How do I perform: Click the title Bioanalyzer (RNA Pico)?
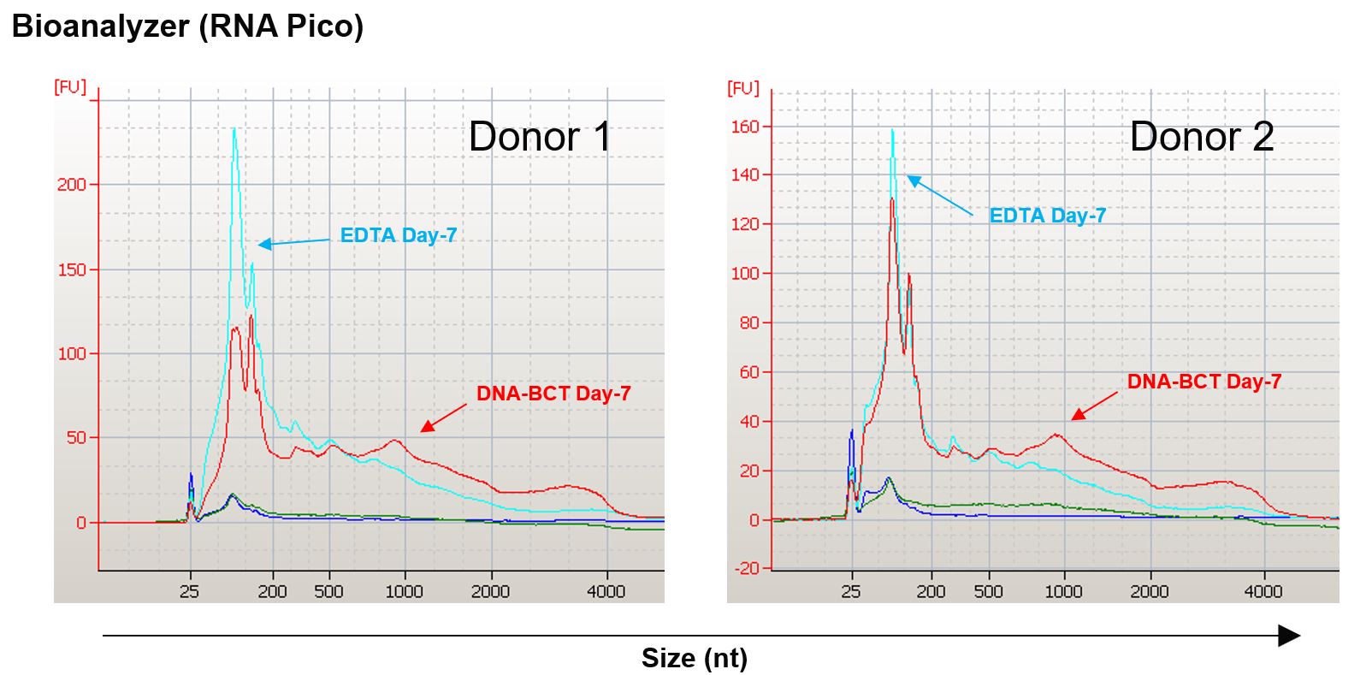[x=187, y=27]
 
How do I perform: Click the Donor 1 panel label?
[x=540, y=137]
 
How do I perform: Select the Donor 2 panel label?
[x=1202, y=137]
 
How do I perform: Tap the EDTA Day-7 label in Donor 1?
[x=399, y=235]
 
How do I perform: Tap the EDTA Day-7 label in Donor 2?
[x=1047, y=216]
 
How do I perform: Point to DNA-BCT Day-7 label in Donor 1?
[x=553, y=394]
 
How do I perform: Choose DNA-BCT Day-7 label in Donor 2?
[x=1203, y=382]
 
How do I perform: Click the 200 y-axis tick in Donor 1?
[x=72, y=185]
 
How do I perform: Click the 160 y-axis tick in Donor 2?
[x=744, y=127]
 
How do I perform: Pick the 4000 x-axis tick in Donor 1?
[x=606, y=591]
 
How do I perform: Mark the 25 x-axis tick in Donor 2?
[x=851, y=591]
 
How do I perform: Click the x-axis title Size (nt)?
[x=694, y=658]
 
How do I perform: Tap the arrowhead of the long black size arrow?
[x=1289, y=636]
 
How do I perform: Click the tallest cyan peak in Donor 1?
[x=234, y=131]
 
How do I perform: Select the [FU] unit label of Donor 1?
[x=70, y=87]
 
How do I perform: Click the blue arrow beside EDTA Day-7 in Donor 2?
[x=939, y=196]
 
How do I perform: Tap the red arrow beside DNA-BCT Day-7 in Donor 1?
[x=443, y=418]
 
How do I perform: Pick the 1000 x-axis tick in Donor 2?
[x=1063, y=591]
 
